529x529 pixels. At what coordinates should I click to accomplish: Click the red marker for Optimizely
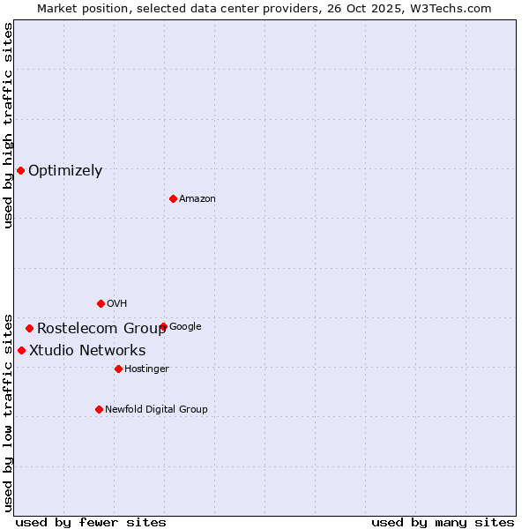[20, 170]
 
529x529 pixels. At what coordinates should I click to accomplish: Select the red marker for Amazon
[173, 198]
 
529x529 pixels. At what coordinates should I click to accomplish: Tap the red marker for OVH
[101, 303]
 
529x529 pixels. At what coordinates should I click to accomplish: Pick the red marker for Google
[163, 326]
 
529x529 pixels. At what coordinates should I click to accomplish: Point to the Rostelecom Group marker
[29, 328]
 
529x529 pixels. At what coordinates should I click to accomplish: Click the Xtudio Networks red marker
[21, 350]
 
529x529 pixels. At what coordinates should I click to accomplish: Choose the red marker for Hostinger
[118, 369]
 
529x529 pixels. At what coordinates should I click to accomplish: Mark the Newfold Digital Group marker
[99, 409]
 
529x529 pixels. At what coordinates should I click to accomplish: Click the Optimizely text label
[65, 171]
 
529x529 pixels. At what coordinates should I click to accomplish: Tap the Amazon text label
[197, 199]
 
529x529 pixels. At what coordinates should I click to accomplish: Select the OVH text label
[117, 304]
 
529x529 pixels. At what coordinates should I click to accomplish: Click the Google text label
[185, 327]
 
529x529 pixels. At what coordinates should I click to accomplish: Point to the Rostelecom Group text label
[101, 329]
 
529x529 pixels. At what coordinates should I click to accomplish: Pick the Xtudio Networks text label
[87, 351]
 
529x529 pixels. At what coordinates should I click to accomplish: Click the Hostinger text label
[146, 369]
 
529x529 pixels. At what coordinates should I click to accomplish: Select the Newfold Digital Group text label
[156, 410]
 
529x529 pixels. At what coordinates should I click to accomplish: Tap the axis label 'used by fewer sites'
[91, 522]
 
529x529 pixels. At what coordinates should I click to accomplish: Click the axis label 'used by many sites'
[443, 522]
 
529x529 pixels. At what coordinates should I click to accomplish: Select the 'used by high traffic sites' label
[8, 125]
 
